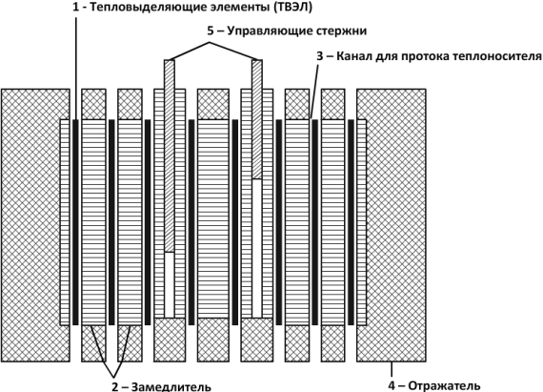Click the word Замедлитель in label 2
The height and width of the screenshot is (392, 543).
click(x=171, y=386)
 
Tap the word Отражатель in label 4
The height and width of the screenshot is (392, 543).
click(x=445, y=385)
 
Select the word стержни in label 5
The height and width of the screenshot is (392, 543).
click(x=341, y=31)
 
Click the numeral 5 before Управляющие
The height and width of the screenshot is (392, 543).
click(x=211, y=31)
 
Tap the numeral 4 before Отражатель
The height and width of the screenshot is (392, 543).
click(x=391, y=385)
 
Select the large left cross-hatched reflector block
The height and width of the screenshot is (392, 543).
click(x=35, y=225)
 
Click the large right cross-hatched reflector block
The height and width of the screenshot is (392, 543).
click(x=392, y=225)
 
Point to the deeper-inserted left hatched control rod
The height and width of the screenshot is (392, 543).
click(x=170, y=155)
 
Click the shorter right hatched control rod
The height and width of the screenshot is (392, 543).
click(x=256, y=119)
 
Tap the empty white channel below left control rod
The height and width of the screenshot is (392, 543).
click(x=170, y=284)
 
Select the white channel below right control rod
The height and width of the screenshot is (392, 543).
click(x=256, y=248)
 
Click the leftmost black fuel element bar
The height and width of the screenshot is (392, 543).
click(x=75, y=222)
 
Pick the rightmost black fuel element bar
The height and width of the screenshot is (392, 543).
click(x=351, y=222)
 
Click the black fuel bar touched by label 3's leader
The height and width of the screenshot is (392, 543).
click(x=314, y=222)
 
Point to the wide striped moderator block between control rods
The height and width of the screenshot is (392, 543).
click(x=213, y=218)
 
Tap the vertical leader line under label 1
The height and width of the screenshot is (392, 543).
click(x=76, y=67)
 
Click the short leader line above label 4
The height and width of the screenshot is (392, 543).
click(x=392, y=369)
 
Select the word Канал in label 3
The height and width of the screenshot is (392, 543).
click(x=352, y=56)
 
